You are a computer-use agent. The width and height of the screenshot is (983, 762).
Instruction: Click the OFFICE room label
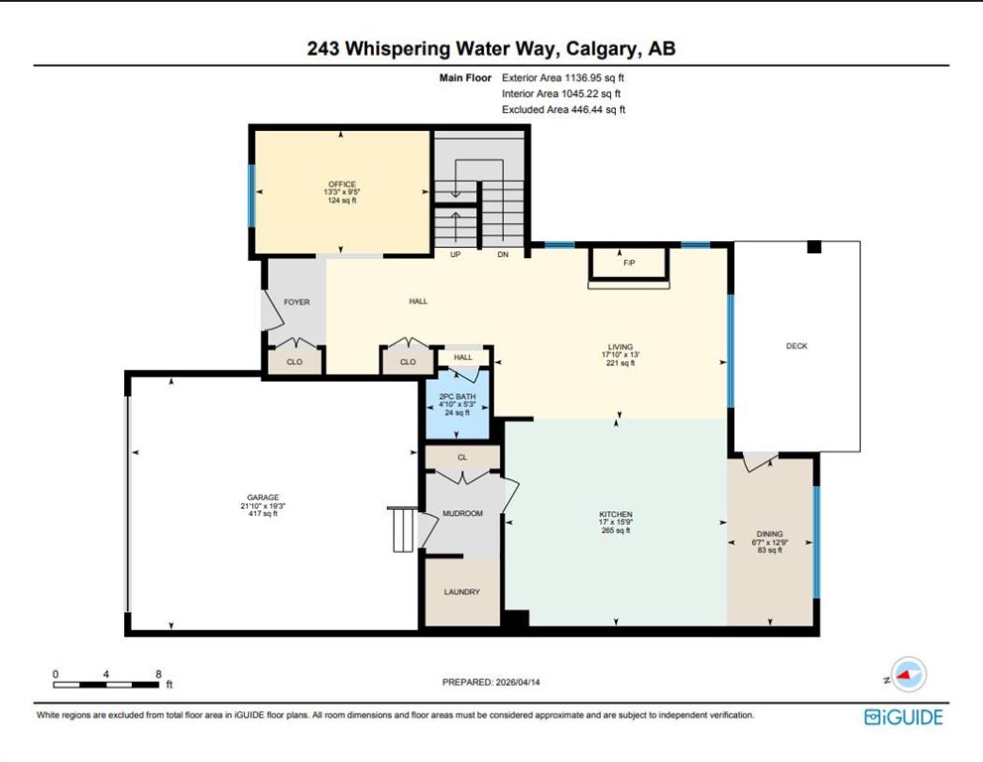point(341,185)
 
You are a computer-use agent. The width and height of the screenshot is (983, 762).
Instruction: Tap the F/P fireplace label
point(630,263)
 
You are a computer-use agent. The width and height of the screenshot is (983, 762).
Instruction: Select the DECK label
point(797,346)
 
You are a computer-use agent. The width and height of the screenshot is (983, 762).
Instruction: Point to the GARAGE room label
point(263,497)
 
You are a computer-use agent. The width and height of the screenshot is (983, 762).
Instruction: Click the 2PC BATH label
point(457,396)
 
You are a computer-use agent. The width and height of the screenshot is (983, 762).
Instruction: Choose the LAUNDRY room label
point(462,592)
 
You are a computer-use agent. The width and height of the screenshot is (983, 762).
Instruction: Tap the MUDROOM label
point(462,514)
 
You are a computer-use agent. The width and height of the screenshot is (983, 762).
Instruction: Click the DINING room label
point(770,535)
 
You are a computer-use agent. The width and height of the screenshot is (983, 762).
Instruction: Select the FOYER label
point(297,303)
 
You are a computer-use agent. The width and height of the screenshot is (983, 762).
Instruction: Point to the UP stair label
point(455,255)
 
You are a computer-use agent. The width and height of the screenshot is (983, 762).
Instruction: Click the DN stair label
point(503,255)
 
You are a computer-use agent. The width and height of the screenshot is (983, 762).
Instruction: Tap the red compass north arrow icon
point(904,676)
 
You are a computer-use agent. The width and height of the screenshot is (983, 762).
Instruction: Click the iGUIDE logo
point(904,717)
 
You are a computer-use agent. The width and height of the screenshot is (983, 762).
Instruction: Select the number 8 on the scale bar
point(159,675)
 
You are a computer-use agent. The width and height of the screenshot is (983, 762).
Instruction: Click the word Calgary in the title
point(603,49)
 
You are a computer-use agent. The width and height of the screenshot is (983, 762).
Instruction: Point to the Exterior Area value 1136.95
point(583,77)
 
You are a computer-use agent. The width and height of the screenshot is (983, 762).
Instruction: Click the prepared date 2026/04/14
point(518,683)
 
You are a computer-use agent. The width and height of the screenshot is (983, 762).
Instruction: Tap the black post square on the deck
point(813,247)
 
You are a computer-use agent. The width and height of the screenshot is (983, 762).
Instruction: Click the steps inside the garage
point(404,529)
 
